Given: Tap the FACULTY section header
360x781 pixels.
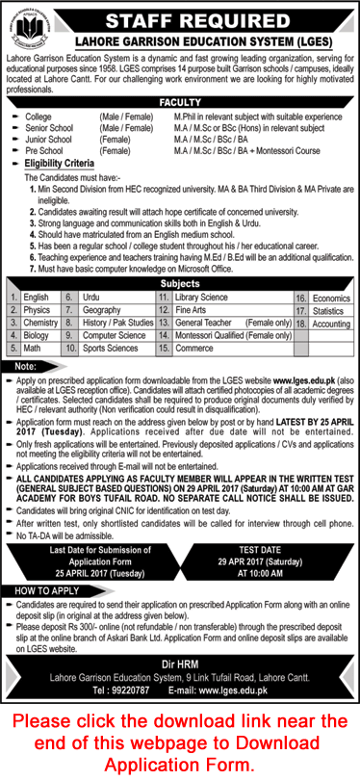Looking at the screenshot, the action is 180,100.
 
